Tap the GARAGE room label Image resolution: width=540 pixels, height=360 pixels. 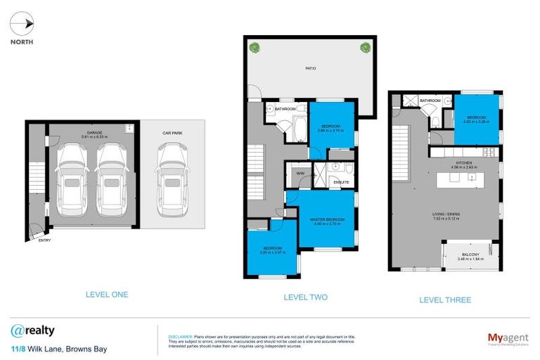[95, 132]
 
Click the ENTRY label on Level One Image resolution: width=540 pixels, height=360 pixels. [44, 240]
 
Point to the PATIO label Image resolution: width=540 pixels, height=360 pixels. [310, 68]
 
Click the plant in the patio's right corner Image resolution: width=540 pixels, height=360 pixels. [365, 48]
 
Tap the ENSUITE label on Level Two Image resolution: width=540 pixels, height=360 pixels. [341, 182]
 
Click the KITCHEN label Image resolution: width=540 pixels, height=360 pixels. [463, 163]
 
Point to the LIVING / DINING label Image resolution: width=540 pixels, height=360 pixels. [446, 215]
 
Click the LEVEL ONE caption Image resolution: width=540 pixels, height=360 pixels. [106, 295]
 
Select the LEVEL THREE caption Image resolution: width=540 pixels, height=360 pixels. [445, 300]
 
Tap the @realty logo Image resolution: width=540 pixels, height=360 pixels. [32, 330]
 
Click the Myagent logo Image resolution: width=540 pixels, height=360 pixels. [508, 338]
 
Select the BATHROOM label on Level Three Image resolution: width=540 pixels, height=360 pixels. [430, 101]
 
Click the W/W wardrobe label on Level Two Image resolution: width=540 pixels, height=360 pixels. [300, 172]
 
